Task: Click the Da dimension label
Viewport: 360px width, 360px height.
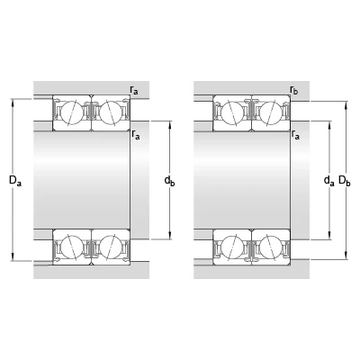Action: pos(15,181)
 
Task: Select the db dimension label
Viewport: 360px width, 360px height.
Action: pos(169,181)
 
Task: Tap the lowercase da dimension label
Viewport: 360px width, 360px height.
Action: pos(328,181)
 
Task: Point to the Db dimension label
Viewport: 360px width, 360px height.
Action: pos(345,181)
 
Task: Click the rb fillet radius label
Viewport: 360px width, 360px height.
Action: pos(294,90)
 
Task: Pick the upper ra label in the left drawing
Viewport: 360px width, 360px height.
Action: pos(134,90)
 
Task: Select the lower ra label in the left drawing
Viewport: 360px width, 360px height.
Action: pos(136,135)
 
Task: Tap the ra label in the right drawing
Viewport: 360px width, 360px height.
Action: pos(295,135)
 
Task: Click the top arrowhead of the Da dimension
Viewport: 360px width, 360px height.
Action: pos(13,103)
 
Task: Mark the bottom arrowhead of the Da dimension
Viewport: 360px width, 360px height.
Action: pos(13,257)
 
